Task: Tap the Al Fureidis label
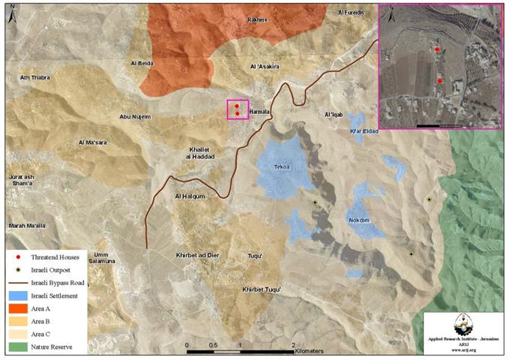[352, 13]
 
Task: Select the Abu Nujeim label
[136, 117]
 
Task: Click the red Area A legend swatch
[17, 308]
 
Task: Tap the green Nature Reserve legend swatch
[17, 347]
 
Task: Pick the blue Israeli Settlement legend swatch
[17, 295]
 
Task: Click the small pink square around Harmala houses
[238, 109]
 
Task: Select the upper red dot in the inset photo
[436, 49]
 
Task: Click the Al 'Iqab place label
[334, 115]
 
